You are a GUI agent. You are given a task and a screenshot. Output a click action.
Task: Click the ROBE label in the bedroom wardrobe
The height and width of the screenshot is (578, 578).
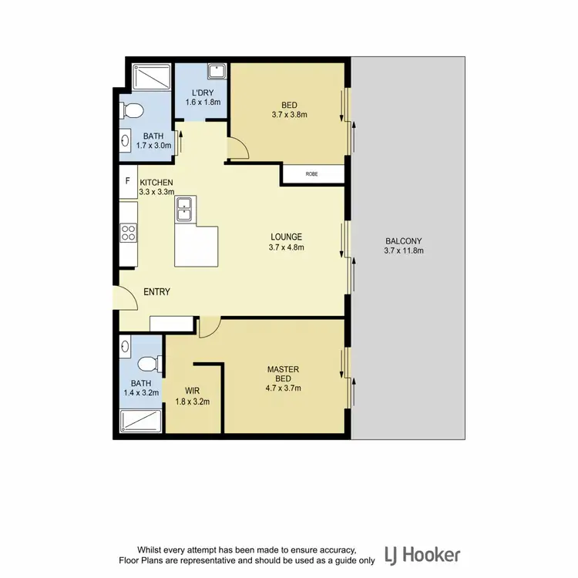click(311, 175)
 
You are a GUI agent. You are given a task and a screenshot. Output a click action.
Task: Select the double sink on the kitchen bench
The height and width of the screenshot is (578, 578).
click(185, 208)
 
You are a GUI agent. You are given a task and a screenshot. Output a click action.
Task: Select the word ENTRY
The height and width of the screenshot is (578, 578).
click(156, 292)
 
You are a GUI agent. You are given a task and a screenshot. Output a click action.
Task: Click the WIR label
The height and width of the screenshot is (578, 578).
click(193, 390)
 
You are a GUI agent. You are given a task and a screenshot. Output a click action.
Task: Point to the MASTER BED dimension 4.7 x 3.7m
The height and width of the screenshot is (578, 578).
click(284, 388)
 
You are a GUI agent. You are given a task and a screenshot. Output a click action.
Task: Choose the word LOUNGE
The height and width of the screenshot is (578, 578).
click(285, 237)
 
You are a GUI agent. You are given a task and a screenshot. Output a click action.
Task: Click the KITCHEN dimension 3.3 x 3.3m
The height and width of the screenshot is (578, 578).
click(156, 192)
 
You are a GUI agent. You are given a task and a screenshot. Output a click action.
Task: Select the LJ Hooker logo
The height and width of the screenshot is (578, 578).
click(422, 553)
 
